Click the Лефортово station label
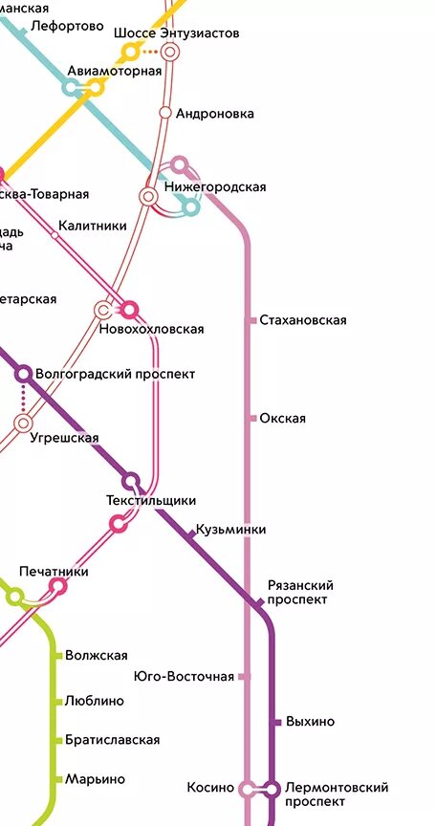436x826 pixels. click(67, 26)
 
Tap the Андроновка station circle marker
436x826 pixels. click(165, 113)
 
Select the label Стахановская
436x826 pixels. click(302, 320)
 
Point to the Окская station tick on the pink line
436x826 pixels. click(252, 419)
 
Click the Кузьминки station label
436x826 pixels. click(230, 530)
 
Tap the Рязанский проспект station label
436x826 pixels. click(300, 593)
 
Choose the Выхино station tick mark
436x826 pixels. click(276, 722)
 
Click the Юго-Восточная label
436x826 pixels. click(185, 677)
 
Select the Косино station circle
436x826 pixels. click(248, 789)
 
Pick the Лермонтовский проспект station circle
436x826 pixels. click(272, 789)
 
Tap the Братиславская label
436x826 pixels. click(112, 740)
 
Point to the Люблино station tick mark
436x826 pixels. click(58, 701)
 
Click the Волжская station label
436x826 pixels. click(96, 656)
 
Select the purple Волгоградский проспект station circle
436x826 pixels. click(24, 374)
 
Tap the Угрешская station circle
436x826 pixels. click(24, 423)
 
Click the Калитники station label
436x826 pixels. click(92, 227)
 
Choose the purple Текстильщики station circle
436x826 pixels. click(131, 481)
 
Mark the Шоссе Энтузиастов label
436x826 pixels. click(176, 33)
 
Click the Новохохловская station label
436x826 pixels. click(151, 330)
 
